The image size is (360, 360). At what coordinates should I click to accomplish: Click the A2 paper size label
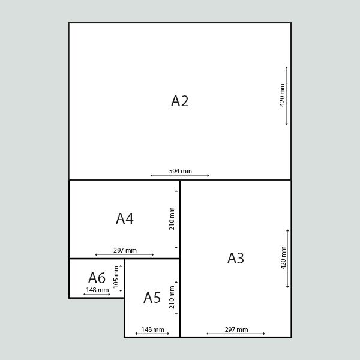180,101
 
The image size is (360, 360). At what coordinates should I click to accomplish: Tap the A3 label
236,258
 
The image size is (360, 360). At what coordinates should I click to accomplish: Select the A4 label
125,218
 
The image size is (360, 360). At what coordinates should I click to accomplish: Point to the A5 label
152,298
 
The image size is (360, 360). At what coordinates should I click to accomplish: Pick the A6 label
97,278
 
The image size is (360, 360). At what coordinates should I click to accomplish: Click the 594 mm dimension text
181,171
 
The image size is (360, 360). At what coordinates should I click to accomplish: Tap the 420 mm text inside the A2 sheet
282,95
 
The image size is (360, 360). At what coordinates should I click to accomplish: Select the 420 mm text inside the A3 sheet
284,258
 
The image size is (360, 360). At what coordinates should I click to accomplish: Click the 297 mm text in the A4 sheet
125,250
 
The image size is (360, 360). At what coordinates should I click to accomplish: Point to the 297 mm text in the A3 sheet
236,329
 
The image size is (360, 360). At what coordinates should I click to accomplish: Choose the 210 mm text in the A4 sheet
172,219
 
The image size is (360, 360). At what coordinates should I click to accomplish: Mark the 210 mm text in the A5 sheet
172,298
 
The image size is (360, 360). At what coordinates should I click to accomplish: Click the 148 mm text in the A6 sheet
97,290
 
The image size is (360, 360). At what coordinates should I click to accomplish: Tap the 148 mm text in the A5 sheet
152,329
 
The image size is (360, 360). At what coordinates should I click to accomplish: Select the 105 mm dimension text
116,277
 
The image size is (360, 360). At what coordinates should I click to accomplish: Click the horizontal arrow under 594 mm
180,176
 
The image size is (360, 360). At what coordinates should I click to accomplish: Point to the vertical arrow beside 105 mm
121,278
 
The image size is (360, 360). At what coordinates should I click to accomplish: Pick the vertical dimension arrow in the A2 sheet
287,96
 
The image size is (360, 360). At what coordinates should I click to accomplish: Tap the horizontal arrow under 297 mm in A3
236,334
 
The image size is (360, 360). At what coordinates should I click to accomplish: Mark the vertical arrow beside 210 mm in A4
176,219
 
